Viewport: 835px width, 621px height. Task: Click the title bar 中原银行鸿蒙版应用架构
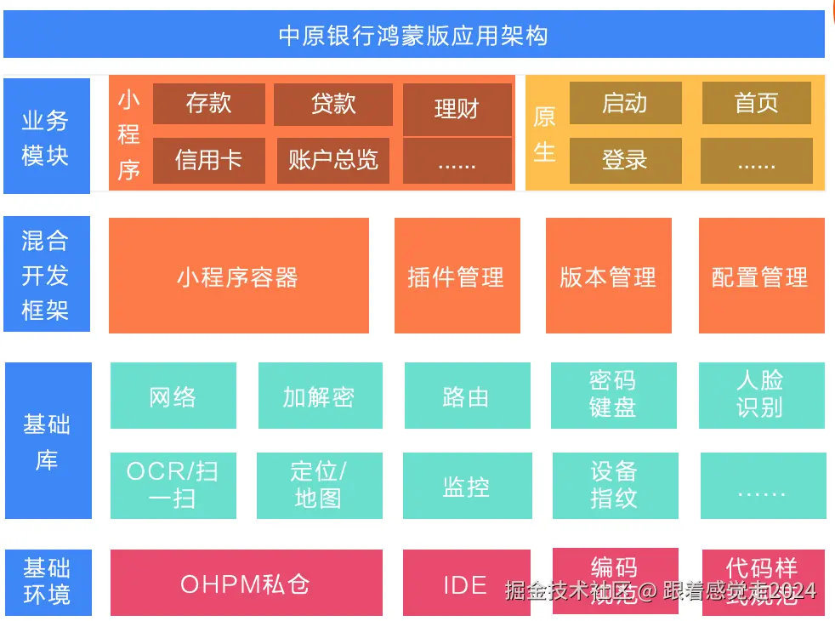(x=414, y=35)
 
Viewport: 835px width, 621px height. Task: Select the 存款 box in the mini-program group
(x=208, y=104)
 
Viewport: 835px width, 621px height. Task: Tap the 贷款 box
(x=332, y=104)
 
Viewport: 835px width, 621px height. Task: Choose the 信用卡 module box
(x=208, y=160)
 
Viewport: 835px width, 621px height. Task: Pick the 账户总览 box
(x=332, y=160)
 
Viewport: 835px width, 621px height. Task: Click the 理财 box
(x=457, y=109)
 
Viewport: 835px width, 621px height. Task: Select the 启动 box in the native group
(x=625, y=103)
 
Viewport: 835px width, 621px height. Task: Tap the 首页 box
(x=756, y=103)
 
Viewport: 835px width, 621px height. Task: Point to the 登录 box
(x=625, y=160)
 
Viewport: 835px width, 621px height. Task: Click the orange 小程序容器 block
(x=238, y=276)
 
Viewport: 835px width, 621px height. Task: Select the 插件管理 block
(x=457, y=276)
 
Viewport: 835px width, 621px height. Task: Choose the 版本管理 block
(x=608, y=276)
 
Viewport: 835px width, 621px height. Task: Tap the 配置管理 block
(x=761, y=276)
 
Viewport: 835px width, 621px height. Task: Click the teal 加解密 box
(x=320, y=396)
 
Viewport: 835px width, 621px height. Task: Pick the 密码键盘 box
(x=614, y=395)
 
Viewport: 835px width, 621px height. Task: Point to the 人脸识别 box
(x=761, y=395)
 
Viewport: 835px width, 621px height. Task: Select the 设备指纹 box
(x=615, y=485)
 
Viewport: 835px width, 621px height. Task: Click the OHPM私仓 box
(x=246, y=585)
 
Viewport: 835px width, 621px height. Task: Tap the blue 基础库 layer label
(x=48, y=441)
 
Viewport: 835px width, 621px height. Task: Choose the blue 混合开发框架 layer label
(x=47, y=275)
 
